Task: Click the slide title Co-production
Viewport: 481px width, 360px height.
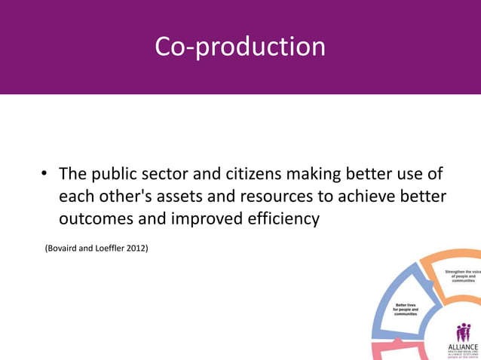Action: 240,47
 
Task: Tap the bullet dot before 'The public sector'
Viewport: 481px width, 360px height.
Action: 44,175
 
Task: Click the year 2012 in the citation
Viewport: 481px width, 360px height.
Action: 136,246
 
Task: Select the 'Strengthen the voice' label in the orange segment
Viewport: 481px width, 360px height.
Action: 461,275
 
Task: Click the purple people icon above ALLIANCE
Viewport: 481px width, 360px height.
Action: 463,331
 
